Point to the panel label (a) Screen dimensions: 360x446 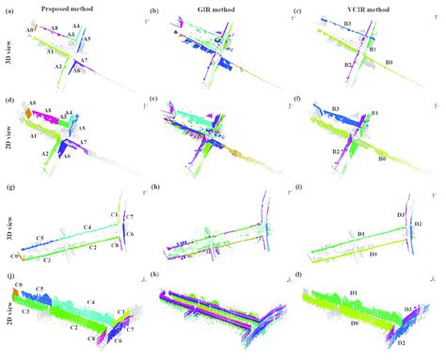pos(9,10)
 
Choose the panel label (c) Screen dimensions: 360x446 pos(297,10)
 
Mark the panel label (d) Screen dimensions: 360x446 pos(9,99)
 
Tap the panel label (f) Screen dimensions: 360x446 pos(297,99)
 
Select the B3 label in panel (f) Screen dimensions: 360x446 pos(335,110)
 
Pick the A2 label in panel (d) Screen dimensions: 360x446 pos(44,154)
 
